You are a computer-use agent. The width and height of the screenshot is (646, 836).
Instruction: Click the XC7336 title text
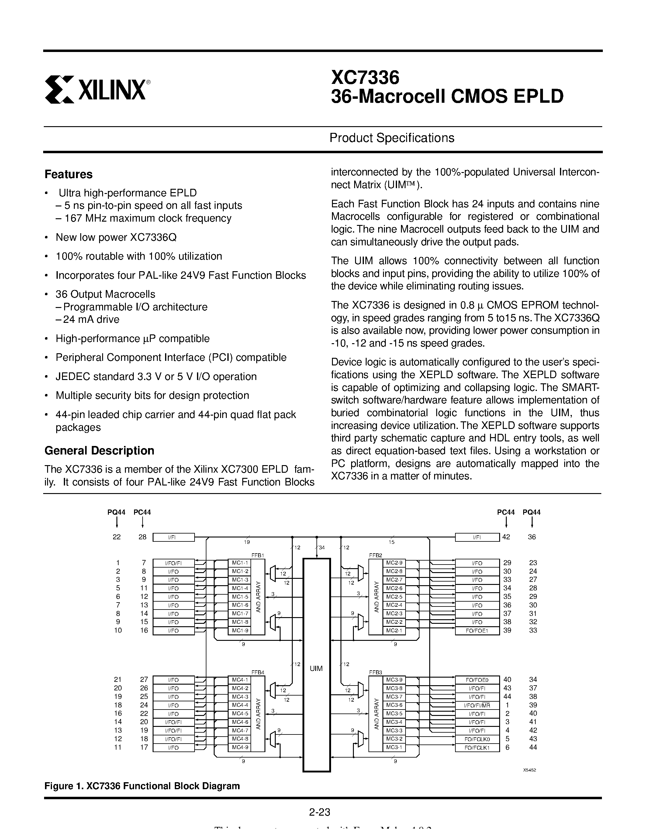365,77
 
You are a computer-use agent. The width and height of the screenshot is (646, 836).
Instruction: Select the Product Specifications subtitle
392,138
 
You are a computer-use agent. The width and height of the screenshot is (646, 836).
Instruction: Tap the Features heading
68,174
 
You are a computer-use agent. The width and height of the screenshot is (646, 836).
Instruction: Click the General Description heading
99,451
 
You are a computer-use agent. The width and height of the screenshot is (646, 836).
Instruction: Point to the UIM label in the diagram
316,668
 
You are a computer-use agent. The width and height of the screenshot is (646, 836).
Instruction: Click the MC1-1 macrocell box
240,563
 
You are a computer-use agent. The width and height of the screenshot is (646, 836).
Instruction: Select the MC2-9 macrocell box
394,563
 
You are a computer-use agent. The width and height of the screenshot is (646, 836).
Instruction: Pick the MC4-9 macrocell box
240,747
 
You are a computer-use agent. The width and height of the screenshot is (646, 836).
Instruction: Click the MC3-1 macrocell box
394,747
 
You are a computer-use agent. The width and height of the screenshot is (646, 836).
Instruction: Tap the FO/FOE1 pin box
477,631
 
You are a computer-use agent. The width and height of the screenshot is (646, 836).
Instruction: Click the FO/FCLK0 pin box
477,739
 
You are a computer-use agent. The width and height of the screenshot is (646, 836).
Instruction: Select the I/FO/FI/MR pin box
477,705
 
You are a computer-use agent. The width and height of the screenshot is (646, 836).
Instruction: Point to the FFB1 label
257,555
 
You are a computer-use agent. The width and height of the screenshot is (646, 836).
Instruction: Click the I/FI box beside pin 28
173,537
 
